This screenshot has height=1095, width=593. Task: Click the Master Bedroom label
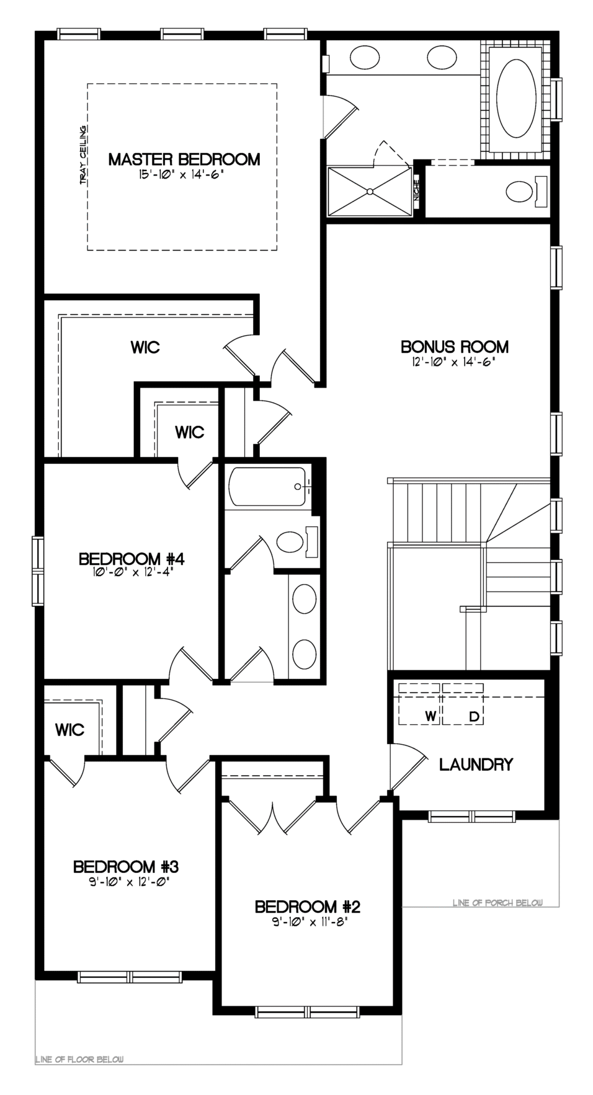click(x=184, y=159)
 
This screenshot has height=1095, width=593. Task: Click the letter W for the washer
click(x=430, y=717)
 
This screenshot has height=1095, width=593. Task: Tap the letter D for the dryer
click(x=475, y=717)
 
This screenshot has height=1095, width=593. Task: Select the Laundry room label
click(x=476, y=765)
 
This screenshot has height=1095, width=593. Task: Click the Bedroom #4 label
click(x=132, y=559)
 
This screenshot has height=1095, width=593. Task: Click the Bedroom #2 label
click(x=308, y=907)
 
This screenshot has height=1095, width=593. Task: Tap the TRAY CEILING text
click(x=82, y=155)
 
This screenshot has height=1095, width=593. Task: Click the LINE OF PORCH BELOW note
click(x=497, y=903)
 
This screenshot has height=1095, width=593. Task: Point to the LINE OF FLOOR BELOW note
click(x=79, y=1059)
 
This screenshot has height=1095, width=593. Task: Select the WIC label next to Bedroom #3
click(x=69, y=730)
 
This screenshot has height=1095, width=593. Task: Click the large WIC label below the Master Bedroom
click(x=145, y=347)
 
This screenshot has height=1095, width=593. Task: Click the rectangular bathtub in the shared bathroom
click(x=268, y=488)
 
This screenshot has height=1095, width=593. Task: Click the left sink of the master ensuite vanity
click(x=365, y=58)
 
